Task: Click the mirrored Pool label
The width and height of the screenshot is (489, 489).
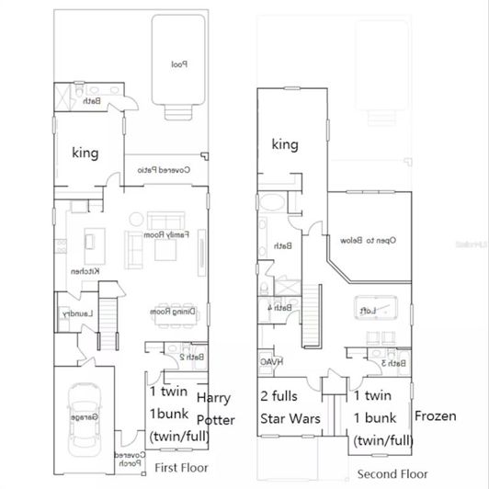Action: [178, 64]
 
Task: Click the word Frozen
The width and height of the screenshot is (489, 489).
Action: [436, 415]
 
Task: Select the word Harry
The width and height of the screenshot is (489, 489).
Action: [215, 399]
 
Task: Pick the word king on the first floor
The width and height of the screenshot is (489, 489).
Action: [85, 153]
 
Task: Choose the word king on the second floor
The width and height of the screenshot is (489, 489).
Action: [286, 144]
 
